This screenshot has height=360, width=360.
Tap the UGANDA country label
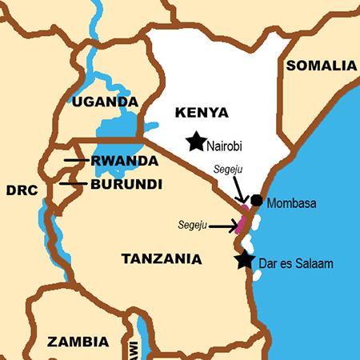tap(105, 102)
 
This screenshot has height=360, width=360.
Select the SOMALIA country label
tap(321, 66)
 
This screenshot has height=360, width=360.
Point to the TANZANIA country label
tap(161, 259)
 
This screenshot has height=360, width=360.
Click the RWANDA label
tap(124, 161)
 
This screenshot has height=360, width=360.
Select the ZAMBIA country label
tap(78, 342)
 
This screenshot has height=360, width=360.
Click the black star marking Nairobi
tap(195, 142)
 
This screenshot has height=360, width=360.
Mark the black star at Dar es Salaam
tap(245, 261)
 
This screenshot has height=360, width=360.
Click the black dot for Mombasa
tap(256, 200)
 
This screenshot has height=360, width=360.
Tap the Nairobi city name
tap(224, 146)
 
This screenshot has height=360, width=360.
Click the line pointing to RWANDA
tap(77, 161)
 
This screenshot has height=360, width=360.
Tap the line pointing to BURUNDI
tap(74, 184)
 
